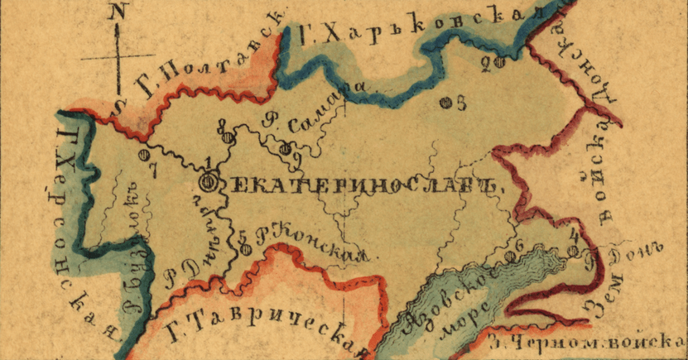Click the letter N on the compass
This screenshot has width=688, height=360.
[x=120, y=12]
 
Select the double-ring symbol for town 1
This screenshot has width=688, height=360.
[x=210, y=180]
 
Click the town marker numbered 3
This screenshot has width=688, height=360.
[x=445, y=103]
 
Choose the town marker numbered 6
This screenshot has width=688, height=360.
[x=510, y=256]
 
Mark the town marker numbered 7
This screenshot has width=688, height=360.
[x=143, y=155]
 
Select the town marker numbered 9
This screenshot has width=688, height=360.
[x=286, y=149]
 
